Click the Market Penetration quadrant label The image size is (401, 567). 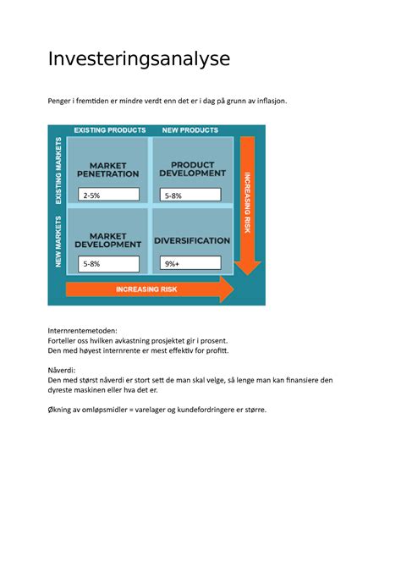107,168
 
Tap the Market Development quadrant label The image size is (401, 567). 107,239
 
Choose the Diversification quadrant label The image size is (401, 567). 193,240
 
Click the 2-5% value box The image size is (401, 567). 108,195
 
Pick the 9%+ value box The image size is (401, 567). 190,263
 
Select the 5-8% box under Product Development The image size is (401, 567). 190,195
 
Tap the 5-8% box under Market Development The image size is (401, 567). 108,263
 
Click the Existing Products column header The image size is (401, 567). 110,130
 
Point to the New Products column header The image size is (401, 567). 190,130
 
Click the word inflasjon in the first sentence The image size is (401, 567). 269,101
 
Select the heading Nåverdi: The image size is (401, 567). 63,370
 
